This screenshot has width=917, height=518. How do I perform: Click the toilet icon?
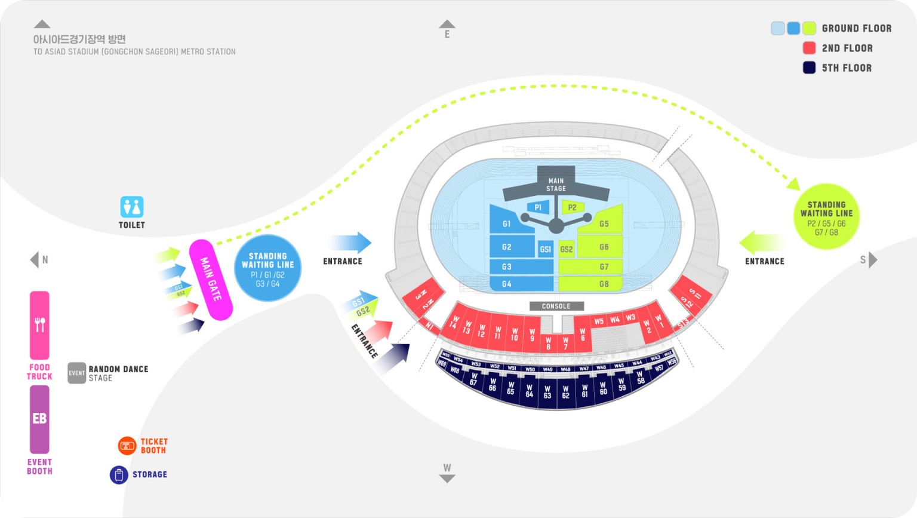(132, 207)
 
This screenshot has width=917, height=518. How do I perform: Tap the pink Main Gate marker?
(211, 280)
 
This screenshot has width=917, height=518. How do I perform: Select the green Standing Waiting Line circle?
(826, 216)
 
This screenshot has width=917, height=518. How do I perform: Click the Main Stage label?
(556, 184)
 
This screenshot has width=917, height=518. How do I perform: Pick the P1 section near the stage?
(538, 207)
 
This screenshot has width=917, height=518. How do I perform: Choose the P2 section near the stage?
(572, 207)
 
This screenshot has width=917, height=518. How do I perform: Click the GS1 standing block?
(545, 249)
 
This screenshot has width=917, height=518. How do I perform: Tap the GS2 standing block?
(566, 249)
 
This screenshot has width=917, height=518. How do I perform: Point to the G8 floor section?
(590, 284)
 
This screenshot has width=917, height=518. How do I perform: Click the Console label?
(556, 306)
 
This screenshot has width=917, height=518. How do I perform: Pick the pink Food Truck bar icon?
(39, 325)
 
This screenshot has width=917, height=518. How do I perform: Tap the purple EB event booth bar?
(39, 419)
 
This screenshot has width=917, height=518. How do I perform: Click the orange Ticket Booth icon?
(127, 445)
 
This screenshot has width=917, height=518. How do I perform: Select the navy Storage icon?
(119, 475)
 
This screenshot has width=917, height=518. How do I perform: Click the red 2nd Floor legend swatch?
(809, 48)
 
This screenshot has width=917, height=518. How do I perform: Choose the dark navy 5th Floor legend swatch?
(809, 68)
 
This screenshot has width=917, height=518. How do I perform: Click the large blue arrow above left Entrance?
(351, 243)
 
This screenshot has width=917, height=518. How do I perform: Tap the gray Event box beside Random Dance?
(76, 373)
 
